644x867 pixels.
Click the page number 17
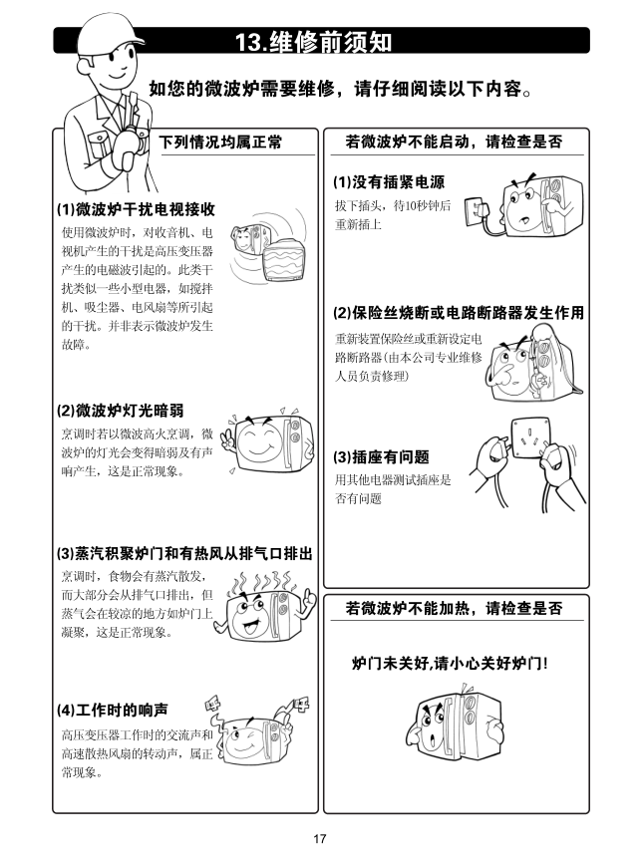(320, 838)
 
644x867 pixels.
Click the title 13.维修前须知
(314, 42)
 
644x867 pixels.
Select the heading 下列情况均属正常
(220, 143)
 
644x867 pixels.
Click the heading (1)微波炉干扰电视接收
(136, 209)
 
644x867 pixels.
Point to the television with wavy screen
(283, 260)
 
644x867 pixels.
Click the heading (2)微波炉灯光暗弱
(120, 411)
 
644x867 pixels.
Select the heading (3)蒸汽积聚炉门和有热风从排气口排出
(184, 553)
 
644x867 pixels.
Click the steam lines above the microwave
(263, 582)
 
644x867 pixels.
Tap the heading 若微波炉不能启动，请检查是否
(454, 143)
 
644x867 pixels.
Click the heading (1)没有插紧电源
(389, 182)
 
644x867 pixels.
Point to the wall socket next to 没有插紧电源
(475, 211)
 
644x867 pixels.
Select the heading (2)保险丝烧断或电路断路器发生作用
(459, 313)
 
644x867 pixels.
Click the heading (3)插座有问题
(381, 457)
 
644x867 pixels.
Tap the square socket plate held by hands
(530, 438)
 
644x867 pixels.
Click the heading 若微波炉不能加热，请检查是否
(454, 609)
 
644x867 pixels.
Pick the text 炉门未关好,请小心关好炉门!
(450, 663)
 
